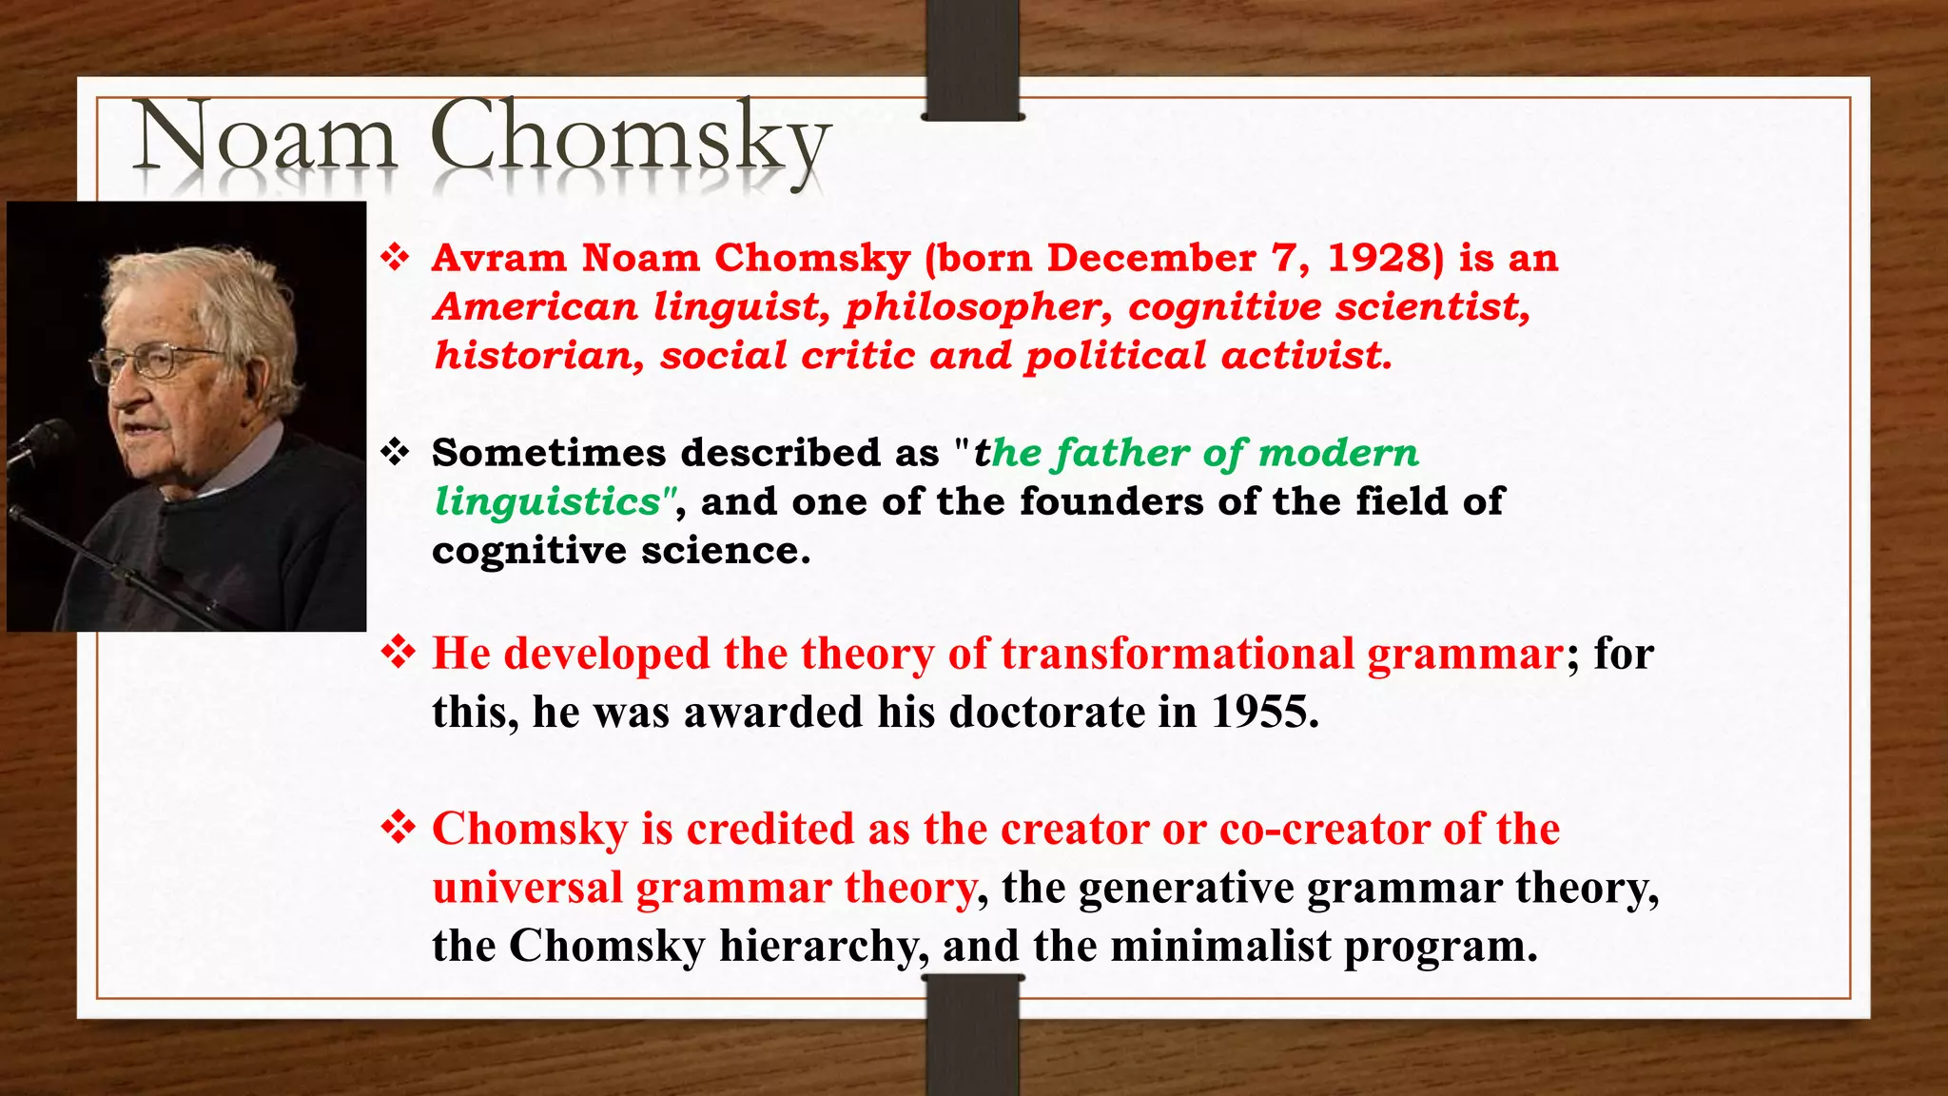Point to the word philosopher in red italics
tap(979, 308)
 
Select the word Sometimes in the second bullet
tap(549, 454)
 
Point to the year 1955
tap(1264, 713)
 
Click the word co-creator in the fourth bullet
tap(1323, 830)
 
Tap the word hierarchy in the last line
tap(824, 947)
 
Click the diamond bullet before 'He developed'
tap(398, 653)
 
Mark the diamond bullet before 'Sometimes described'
tap(395, 452)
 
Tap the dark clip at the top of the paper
tap(972, 60)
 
